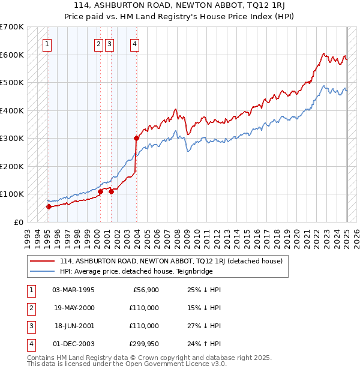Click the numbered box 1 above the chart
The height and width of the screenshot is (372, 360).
47,43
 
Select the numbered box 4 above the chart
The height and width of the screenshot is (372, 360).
136,43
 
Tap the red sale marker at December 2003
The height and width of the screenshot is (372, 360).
136,138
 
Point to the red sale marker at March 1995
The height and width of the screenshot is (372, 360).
49,206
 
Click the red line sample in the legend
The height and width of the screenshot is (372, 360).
43,261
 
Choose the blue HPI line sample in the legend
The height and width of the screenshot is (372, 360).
43,271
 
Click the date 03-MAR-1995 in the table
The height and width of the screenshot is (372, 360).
73,290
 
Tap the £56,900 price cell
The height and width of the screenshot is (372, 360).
145,290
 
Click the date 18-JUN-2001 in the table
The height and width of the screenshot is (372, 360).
73,326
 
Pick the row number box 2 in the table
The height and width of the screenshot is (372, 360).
29,308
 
